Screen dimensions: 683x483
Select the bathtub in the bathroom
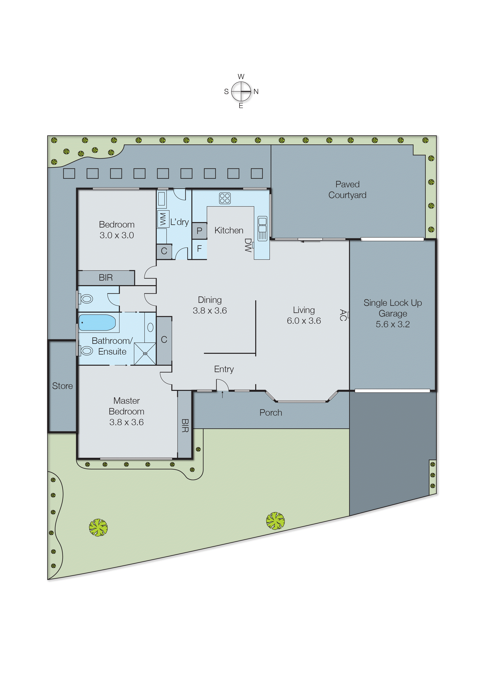coord(97,323)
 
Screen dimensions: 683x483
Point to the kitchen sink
coord(262,228)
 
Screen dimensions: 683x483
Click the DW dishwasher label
coord(248,245)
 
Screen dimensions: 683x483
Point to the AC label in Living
coord(343,315)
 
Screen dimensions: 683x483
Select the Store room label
coord(63,386)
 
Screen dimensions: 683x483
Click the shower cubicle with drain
coord(145,354)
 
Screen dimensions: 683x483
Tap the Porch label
coord(271,413)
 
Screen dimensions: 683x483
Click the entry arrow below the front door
coord(223,395)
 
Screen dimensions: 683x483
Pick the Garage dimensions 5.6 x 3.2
coord(393,324)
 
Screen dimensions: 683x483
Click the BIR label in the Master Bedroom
coord(185,425)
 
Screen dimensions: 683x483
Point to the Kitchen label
coord(229,230)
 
